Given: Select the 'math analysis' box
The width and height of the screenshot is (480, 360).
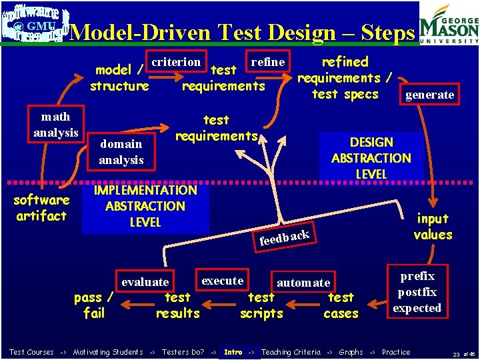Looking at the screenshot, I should point(56,125).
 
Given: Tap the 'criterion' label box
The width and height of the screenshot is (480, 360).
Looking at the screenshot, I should point(176,62).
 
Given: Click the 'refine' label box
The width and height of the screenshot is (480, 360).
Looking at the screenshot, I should point(267,62).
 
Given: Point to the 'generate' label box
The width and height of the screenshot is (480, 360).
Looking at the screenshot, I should point(429,95).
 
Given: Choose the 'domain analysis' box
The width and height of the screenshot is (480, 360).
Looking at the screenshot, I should point(121,151).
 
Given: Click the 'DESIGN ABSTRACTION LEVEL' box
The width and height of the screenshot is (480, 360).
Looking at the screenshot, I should point(371,158).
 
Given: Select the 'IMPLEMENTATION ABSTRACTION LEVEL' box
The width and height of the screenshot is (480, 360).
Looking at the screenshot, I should point(145,206).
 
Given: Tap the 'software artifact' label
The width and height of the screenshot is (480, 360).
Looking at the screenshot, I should point(41,208).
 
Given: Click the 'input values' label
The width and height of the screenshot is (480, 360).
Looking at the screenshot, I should point(433,227).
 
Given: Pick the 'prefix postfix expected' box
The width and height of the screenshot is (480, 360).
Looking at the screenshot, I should point(417,292).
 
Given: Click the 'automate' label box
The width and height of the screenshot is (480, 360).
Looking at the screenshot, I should point(303,282).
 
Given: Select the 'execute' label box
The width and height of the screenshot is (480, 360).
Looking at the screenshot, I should point(222,280).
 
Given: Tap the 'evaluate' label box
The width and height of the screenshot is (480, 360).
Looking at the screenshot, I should point(145,282).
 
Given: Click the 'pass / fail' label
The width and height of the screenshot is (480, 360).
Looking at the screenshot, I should point(94,305).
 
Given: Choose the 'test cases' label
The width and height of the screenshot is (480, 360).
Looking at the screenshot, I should point(341,305).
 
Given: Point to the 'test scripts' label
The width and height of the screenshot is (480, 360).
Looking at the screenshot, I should point(261,305).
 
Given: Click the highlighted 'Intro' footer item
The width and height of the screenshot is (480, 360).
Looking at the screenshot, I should point(233,352).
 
